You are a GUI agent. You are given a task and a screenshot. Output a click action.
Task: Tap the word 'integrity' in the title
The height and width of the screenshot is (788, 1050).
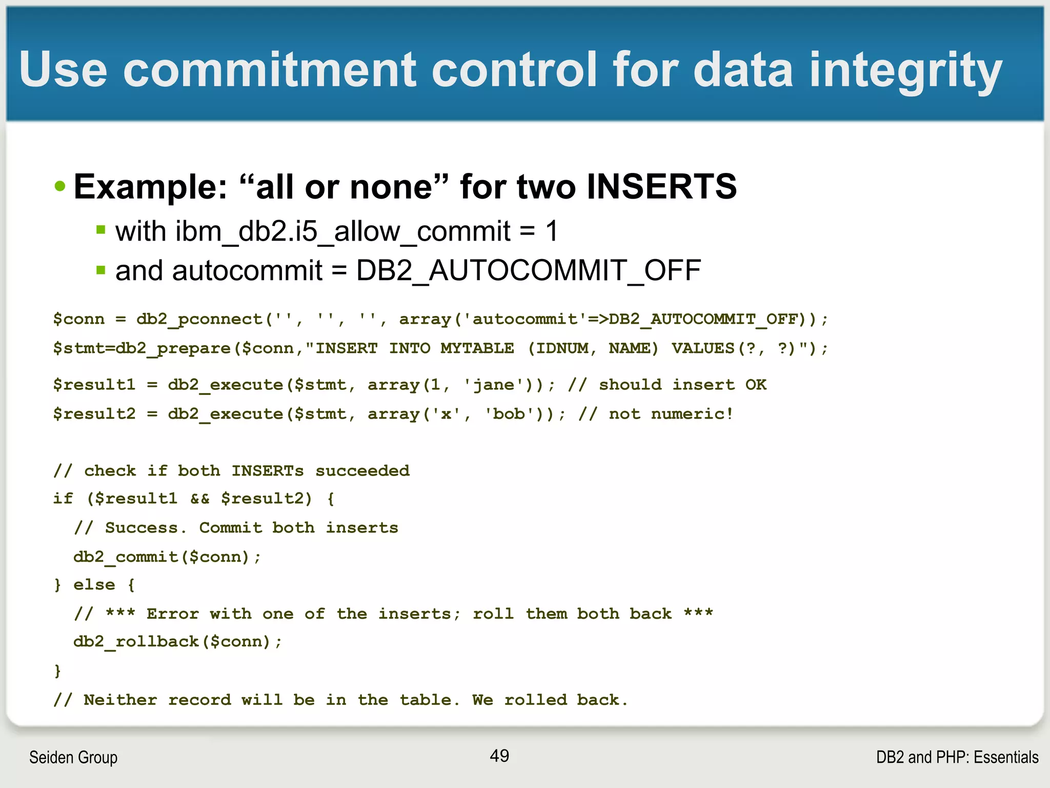905,71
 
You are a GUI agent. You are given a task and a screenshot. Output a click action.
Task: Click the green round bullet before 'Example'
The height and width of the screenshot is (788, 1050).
60,186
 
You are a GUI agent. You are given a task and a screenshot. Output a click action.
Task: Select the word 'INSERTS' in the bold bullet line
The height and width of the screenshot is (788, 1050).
661,186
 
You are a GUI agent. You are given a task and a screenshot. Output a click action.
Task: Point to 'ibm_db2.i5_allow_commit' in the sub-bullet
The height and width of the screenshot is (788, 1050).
313,231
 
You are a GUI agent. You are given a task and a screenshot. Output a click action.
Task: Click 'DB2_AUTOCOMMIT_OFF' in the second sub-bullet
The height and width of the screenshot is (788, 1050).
528,270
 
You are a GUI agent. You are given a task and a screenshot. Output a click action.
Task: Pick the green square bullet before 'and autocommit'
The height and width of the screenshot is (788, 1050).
101,270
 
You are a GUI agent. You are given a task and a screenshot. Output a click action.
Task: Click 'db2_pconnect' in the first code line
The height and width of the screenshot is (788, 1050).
199,319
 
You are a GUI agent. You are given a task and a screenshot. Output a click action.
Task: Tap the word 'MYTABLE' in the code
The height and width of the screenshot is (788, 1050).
477,348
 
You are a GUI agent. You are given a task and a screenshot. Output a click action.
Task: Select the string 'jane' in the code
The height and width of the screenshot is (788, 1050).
494,385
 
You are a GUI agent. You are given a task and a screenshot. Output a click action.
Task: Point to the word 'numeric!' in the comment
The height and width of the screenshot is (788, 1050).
692,414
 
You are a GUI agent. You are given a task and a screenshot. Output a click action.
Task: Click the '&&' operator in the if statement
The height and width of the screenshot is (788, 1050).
199,499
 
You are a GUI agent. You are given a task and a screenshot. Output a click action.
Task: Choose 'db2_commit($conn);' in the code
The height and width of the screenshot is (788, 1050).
167,557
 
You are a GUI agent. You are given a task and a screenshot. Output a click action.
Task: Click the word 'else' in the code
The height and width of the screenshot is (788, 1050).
94,585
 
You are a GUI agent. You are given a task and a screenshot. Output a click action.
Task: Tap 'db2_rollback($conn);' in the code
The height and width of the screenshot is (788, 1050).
177,642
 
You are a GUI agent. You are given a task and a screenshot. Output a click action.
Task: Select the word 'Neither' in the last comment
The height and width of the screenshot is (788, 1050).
120,700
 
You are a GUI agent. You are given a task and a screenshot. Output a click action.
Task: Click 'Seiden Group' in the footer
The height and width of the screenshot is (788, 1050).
73,757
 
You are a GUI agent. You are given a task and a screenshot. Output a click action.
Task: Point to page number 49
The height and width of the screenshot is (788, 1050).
499,756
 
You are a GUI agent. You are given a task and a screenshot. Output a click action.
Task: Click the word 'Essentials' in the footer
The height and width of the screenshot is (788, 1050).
1006,757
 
